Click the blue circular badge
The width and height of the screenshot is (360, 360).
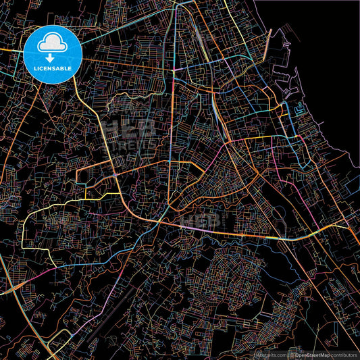coord(52,54)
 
